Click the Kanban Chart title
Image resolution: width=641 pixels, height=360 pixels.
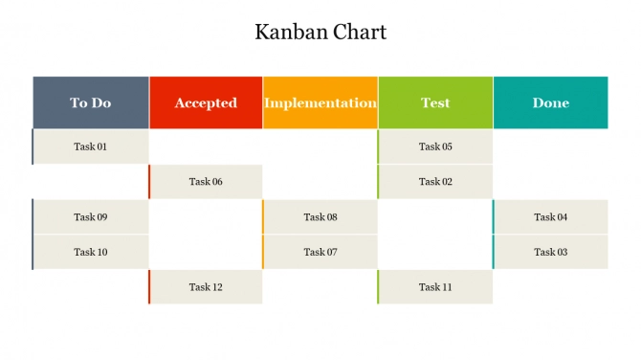(320, 32)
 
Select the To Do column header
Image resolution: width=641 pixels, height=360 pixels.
(91, 102)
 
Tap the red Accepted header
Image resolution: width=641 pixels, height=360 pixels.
(206, 102)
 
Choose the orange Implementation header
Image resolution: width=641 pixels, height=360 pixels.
(320, 102)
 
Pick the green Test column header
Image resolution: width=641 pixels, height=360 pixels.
(435, 102)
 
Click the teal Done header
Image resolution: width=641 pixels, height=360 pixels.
(550, 102)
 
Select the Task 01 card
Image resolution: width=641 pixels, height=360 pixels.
(91, 146)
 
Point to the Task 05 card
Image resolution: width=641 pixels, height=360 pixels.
(435, 146)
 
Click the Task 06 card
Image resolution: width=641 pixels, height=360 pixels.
(206, 182)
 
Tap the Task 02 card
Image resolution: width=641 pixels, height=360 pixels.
(435, 182)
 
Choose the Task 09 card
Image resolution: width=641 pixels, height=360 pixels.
(91, 216)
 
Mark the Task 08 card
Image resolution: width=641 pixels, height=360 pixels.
(320, 216)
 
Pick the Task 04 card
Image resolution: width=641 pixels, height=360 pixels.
(550, 216)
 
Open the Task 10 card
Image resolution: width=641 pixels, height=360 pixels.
(91, 252)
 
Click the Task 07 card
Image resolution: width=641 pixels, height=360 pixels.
(320, 252)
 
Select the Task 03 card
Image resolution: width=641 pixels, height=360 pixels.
(550, 252)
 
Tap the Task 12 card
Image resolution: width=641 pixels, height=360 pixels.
(206, 287)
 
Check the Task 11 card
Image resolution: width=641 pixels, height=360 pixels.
(435, 287)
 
